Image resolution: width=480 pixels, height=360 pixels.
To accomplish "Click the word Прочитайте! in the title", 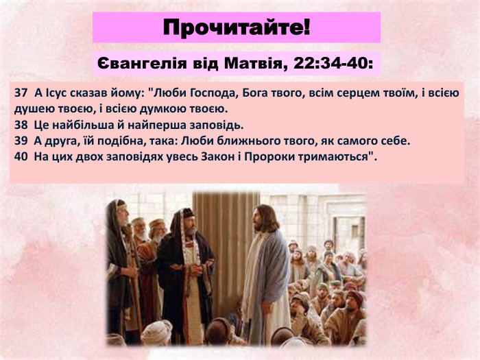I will pyautogui.click(x=237, y=28).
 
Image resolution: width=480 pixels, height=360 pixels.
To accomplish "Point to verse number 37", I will pyautogui.click(x=20, y=92).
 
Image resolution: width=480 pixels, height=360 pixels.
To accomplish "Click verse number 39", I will pyautogui.click(x=20, y=141).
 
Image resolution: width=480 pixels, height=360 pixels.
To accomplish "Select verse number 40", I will pyautogui.click(x=20, y=157).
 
